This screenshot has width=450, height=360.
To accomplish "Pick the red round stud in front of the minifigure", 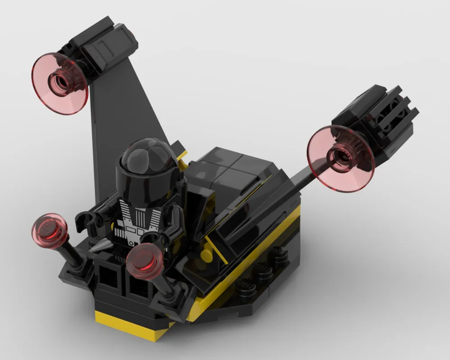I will [144, 262].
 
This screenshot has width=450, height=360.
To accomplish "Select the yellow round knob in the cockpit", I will [206, 255].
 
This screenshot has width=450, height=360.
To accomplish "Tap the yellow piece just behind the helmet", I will [182, 155].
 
